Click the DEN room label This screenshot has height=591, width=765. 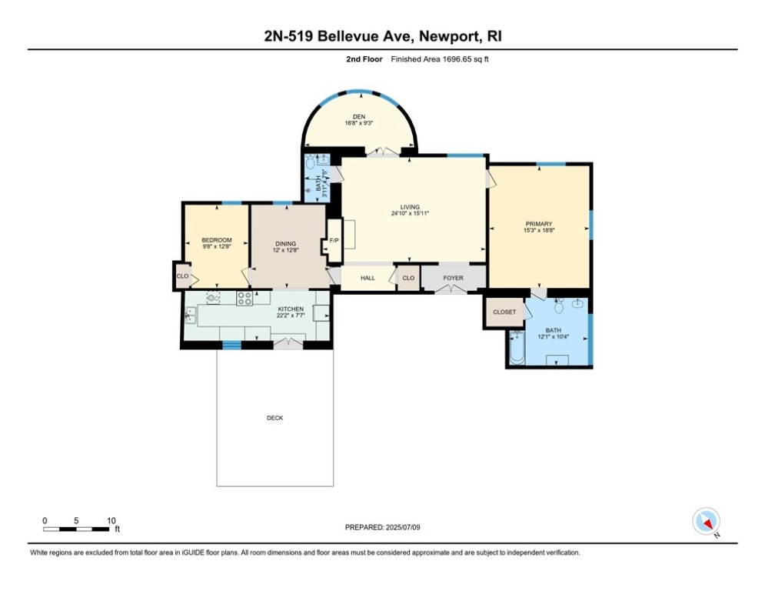click(x=359, y=117)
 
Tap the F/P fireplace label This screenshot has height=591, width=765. click(x=334, y=241)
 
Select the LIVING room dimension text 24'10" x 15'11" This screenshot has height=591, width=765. click(x=410, y=213)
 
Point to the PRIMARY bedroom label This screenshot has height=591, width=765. click(x=539, y=224)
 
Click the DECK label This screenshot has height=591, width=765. click(x=274, y=418)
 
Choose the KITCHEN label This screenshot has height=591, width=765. click(x=291, y=309)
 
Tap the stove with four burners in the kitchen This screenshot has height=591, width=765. click(x=244, y=298)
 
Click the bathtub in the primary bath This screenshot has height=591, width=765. click(x=517, y=347)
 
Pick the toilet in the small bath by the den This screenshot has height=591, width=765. click(x=311, y=162)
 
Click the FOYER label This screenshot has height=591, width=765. click(x=454, y=278)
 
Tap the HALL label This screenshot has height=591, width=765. click(x=368, y=278)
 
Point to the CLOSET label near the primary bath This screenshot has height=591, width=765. click(x=504, y=312)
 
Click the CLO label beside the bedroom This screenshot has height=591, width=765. click(x=182, y=276)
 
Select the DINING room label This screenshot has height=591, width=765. click(x=285, y=244)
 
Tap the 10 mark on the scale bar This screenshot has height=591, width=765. click(x=111, y=521)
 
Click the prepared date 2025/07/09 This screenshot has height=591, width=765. click(x=403, y=527)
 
